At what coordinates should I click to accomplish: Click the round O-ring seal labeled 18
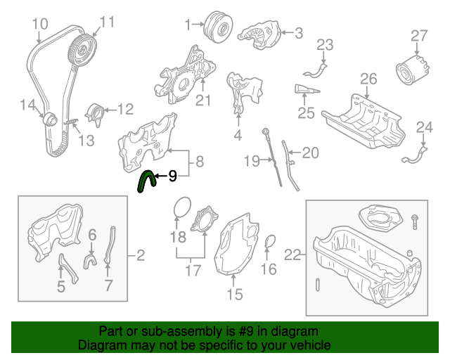click(182, 209)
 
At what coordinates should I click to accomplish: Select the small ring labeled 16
click(269, 243)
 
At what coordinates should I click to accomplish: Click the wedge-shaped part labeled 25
click(304, 89)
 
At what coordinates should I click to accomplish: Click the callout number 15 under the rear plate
click(235, 295)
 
